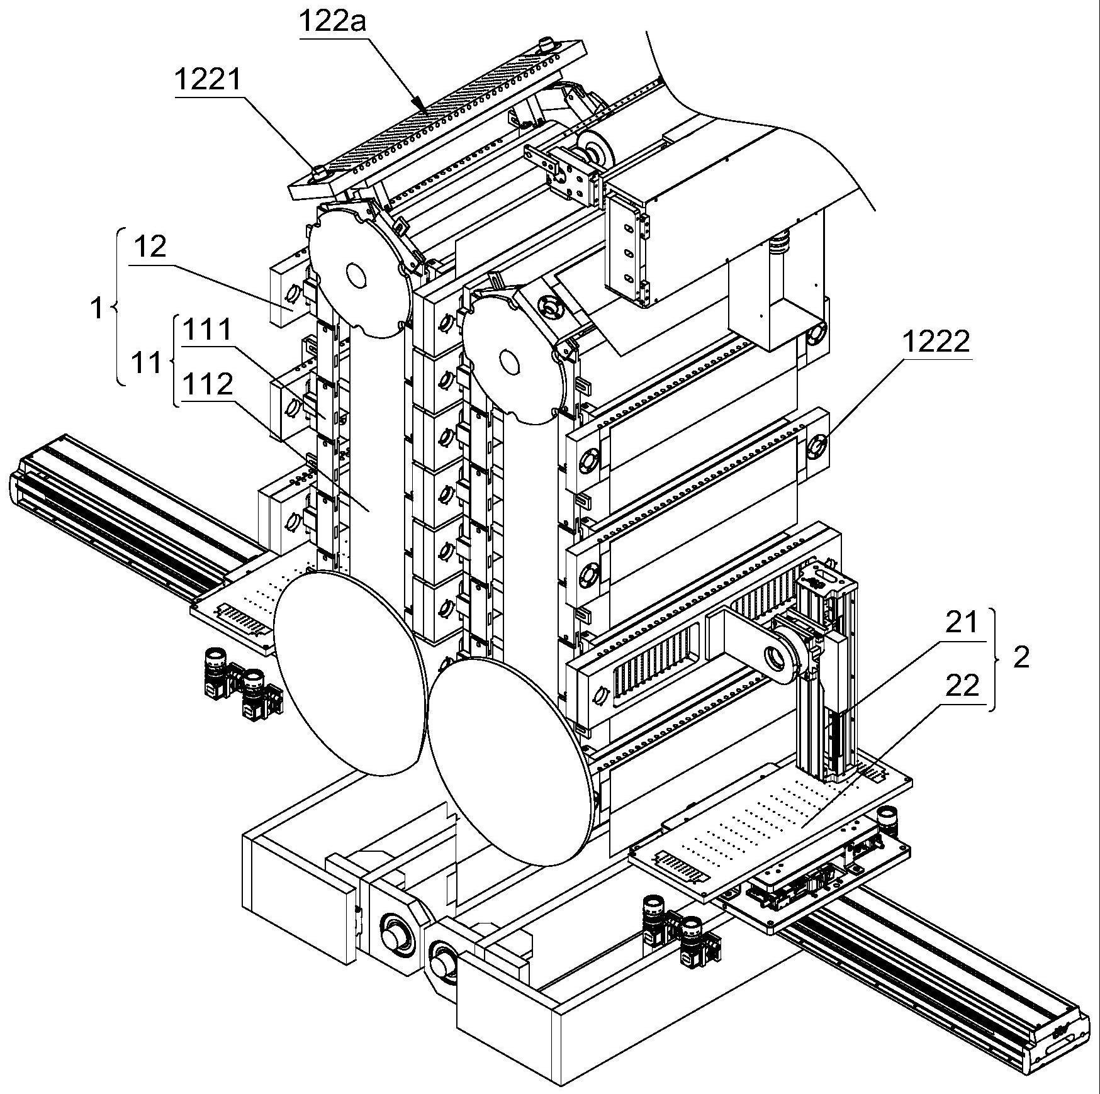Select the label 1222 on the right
pos(936,342)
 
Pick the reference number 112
pos(207,384)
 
